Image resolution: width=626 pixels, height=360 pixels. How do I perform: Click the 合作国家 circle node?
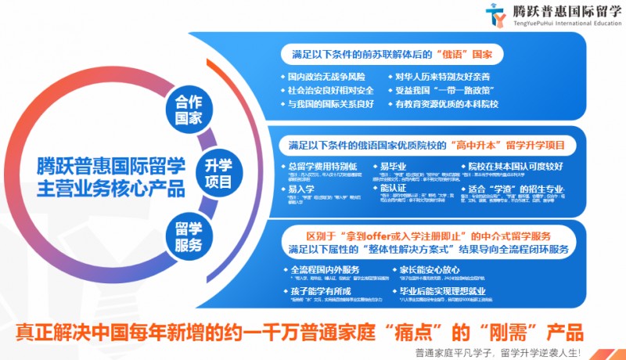189,110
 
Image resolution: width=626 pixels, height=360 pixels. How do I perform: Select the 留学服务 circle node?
189,236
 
